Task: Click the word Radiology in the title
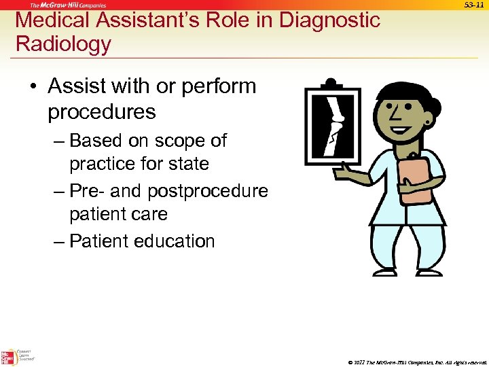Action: point(63,44)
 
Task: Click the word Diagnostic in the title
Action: point(323,20)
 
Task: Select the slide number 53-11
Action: point(473,5)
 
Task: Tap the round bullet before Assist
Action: point(33,87)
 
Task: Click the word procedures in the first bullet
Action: point(101,111)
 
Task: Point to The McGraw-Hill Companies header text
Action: point(67,5)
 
